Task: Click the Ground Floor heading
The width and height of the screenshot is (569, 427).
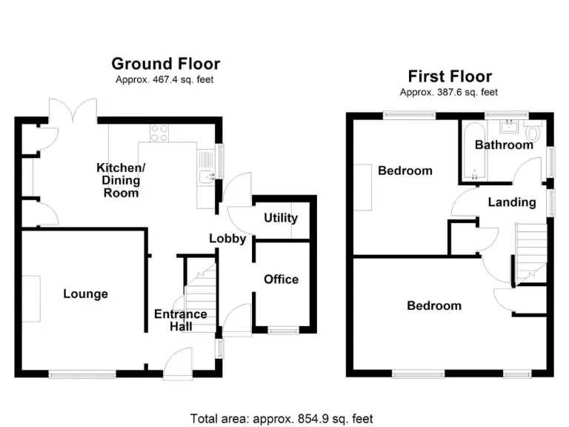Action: [165, 64]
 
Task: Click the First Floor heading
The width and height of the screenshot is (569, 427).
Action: [450, 76]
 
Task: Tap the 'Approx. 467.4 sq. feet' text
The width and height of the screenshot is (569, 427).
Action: [165, 80]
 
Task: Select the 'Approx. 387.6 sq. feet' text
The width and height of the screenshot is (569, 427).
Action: [449, 93]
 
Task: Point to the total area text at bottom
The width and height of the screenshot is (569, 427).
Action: [282, 418]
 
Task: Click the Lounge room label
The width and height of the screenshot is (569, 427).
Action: [85, 294]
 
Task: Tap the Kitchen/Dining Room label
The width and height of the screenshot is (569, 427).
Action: [122, 180]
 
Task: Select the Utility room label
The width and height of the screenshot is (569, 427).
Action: [281, 218]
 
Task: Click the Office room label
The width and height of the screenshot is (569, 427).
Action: [282, 279]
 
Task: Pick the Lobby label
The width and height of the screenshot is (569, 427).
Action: [227, 239]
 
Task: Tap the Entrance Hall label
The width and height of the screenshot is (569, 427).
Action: [180, 320]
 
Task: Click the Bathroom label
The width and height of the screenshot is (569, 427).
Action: [504, 145]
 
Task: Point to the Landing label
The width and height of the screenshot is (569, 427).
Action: [511, 202]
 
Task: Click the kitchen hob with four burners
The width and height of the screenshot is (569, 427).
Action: [159, 133]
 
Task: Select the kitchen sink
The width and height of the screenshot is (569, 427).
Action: [207, 176]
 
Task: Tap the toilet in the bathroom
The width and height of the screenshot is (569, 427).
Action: [533, 133]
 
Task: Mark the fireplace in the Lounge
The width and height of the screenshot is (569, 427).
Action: [30, 298]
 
